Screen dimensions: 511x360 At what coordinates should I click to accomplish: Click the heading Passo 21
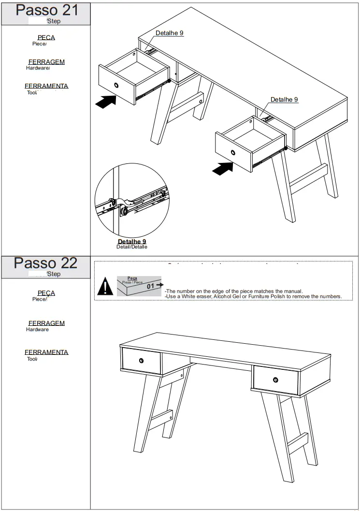[x=46, y=10]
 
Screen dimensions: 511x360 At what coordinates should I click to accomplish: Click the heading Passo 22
[x=45, y=263]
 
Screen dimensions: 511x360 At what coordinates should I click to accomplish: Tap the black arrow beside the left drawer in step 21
[x=106, y=102]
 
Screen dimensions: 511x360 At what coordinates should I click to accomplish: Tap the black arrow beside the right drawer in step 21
[x=222, y=169]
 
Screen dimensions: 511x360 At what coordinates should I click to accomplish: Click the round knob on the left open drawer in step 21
[x=116, y=86]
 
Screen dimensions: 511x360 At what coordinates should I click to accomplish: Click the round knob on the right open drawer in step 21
[x=233, y=153]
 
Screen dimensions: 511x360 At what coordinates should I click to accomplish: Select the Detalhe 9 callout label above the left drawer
[x=169, y=33]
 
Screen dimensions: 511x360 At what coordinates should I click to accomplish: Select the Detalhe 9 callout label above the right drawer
[x=284, y=100]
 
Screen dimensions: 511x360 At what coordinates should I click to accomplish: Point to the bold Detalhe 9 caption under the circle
[x=132, y=241]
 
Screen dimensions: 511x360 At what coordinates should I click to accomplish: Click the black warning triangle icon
[x=105, y=287]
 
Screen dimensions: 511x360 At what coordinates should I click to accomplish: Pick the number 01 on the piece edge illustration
[x=151, y=286]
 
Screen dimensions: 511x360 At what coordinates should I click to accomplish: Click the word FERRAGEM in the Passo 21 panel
[x=46, y=62]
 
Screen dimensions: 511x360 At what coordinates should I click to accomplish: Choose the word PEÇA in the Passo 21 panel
[x=46, y=38]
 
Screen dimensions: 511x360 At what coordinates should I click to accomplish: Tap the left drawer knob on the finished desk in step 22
[x=141, y=361]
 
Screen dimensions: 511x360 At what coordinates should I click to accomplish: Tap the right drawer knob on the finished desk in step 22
[x=275, y=380]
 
